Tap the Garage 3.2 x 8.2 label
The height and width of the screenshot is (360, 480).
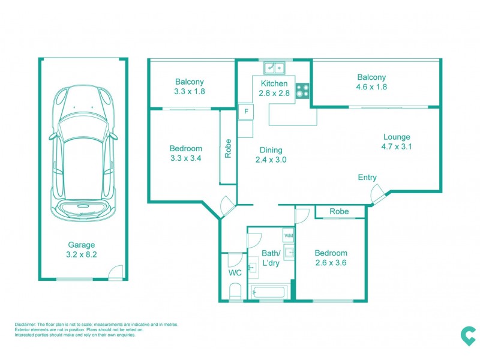pyautogui.click(x=81, y=250)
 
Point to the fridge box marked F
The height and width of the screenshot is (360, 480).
pyautogui.click(x=245, y=112)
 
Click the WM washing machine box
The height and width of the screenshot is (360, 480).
pyautogui.click(x=289, y=235)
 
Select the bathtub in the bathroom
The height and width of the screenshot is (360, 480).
pyautogui.click(x=269, y=293)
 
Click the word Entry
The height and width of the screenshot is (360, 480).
pyautogui.click(x=367, y=178)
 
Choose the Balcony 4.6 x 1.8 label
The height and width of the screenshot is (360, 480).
pyautogui.click(x=371, y=82)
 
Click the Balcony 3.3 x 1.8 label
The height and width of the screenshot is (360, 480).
pyautogui.click(x=190, y=87)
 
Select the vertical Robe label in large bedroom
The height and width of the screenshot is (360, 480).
pyautogui.click(x=228, y=148)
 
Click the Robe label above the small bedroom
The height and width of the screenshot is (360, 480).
pyautogui.click(x=339, y=211)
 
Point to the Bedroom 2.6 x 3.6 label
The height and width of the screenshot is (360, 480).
pyautogui.click(x=331, y=258)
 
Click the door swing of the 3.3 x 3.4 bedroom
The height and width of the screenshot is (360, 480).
pyautogui.click(x=228, y=206)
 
